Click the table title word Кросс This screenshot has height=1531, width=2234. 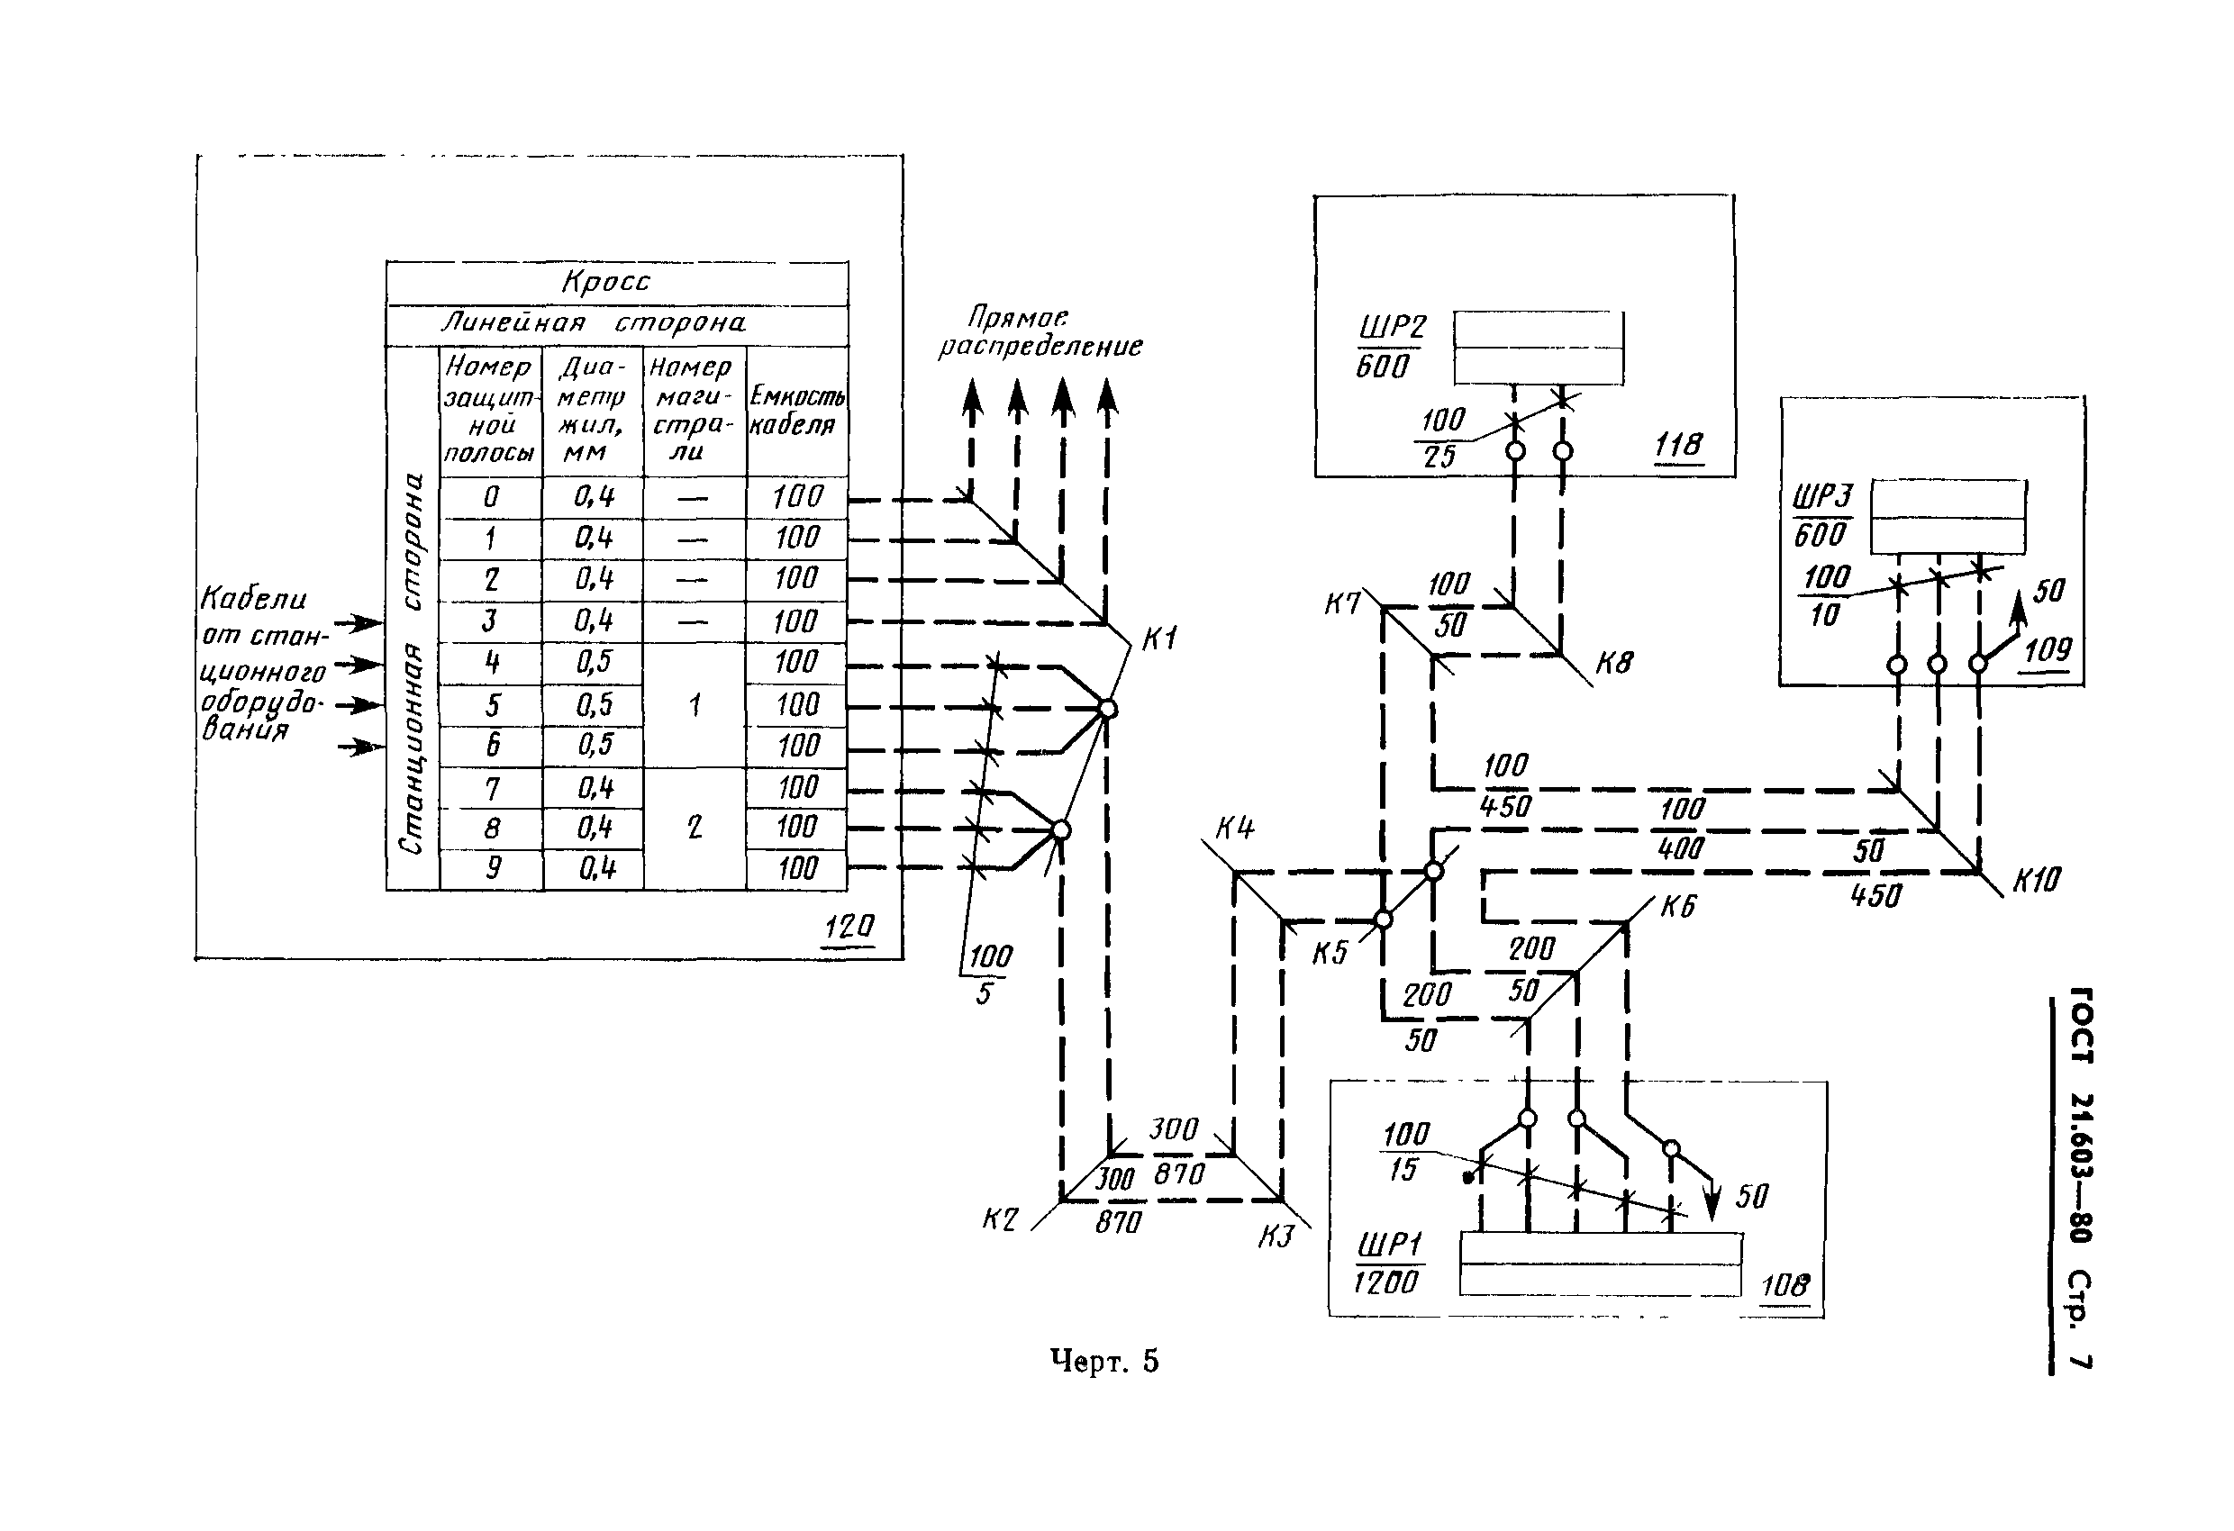click(605, 282)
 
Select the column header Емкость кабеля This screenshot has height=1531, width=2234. click(797, 411)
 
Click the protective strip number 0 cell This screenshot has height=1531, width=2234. click(491, 497)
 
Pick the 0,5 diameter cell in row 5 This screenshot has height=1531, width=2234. click(593, 704)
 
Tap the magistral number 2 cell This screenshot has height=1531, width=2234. click(694, 828)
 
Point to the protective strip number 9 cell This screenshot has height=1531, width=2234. click(492, 868)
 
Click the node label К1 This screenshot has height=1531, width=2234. click(1159, 639)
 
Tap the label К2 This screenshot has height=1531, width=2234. click(1000, 1219)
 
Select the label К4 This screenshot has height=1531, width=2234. click(1234, 828)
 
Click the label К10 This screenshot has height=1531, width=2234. click(2036, 879)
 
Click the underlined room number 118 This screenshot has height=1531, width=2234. click(1677, 445)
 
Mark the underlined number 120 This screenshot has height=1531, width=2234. click(849, 927)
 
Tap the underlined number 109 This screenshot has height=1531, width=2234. click(2047, 650)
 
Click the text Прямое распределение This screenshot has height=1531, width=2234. click(1040, 331)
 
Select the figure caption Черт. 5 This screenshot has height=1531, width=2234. click(1103, 1361)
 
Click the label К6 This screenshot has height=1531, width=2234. click(1677, 906)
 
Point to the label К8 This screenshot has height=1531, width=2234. click(1613, 663)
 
